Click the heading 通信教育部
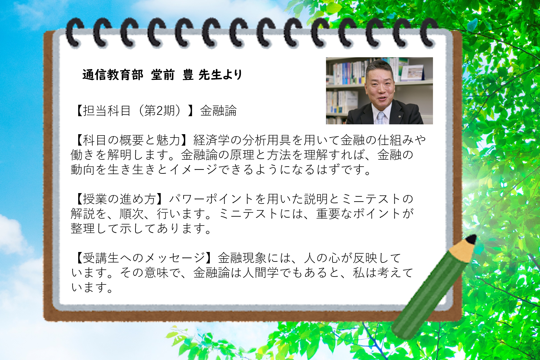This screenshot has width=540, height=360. (x=113, y=75)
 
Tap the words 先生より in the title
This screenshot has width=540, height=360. (x=220, y=75)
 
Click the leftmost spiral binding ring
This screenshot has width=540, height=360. (x=74, y=32)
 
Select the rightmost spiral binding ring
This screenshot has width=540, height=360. (x=429, y=32)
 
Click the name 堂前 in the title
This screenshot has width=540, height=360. (x=162, y=75)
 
